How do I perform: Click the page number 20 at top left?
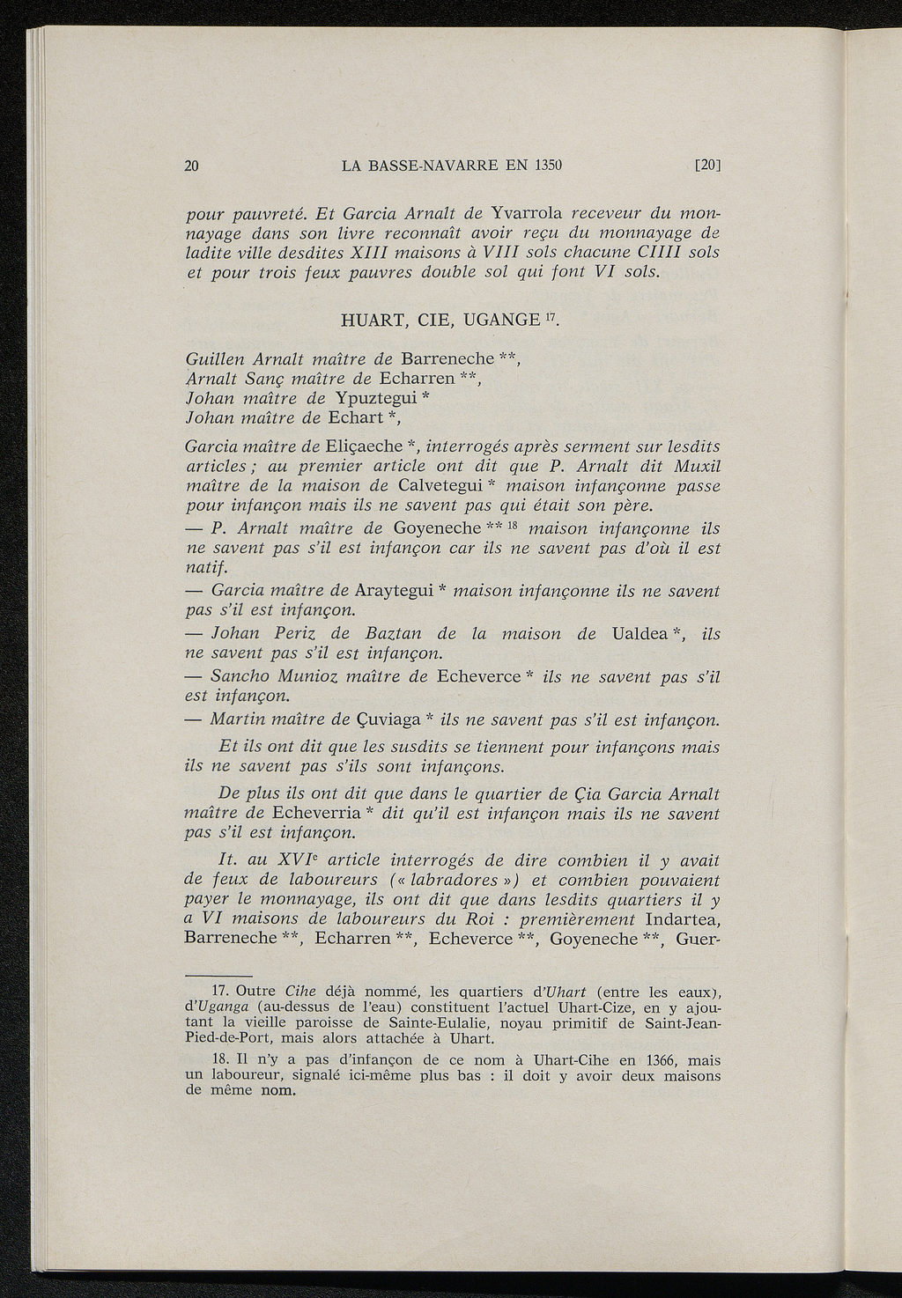pos(193,164)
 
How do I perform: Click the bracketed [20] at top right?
pos(706,164)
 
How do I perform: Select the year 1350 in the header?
pos(545,164)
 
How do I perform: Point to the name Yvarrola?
pos(527,213)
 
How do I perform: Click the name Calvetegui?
pos(425,486)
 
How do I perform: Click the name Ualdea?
pos(636,634)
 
